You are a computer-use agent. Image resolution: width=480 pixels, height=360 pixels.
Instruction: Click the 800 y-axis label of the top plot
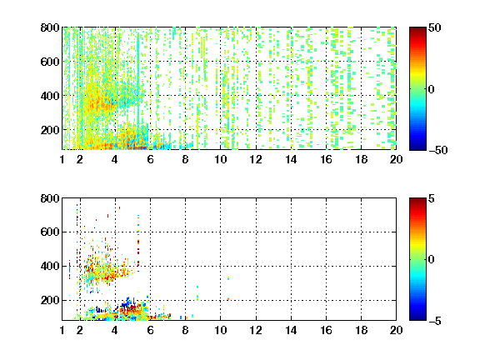click(50, 27)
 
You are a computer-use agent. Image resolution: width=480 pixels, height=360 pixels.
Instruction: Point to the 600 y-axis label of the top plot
click(50, 62)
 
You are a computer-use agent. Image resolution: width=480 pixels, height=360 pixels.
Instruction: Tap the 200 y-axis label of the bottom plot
click(50, 300)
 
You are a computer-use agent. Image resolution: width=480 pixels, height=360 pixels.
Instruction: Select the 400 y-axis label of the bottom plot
click(50, 266)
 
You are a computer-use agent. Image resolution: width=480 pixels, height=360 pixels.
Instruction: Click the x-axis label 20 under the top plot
click(396, 159)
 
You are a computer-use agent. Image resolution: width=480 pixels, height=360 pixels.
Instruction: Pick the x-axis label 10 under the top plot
click(220, 159)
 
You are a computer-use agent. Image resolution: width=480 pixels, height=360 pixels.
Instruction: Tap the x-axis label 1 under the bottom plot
click(62, 330)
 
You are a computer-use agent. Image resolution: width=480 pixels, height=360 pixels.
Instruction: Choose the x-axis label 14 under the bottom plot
click(291, 330)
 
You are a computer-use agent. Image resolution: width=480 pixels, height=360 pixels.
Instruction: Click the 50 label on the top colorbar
click(435, 27)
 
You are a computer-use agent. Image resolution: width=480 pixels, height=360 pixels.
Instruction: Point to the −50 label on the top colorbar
click(438, 150)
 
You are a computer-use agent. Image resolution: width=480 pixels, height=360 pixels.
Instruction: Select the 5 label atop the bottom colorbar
click(432, 198)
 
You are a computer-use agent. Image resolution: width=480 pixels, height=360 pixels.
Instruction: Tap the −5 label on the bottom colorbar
click(435, 321)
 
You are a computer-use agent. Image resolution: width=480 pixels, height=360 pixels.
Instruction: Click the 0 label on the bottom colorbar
click(432, 260)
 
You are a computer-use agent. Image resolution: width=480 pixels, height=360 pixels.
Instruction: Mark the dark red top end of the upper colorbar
click(417, 28)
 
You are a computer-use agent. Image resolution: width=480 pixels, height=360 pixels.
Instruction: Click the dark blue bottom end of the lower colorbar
click(417, 319)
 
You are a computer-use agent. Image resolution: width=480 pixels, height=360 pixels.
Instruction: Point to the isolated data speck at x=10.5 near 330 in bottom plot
click(228, 278)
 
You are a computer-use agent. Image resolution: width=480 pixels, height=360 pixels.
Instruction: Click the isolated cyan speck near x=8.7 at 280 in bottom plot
click(197, 287)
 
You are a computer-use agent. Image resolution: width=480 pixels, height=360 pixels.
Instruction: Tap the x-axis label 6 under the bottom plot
click(150, 330)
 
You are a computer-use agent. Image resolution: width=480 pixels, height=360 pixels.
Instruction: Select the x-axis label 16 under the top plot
click(326, 159)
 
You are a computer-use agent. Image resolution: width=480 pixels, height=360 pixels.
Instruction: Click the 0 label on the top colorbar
click(432, 89)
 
